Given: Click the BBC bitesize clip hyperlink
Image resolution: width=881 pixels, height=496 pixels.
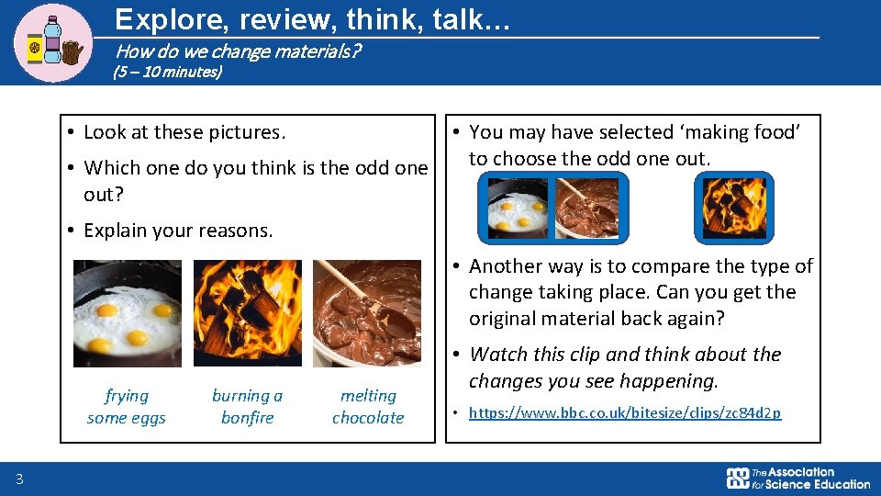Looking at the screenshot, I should click(x=625, y=413).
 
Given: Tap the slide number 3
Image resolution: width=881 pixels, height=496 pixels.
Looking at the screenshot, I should click(x=19, y=478).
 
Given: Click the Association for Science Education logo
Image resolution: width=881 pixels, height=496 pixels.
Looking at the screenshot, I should click(x=797, y=478).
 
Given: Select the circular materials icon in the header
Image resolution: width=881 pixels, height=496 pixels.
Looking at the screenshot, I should click(x=54, y=43).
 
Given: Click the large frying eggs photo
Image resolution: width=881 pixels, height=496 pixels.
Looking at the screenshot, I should click(x=128, y=313).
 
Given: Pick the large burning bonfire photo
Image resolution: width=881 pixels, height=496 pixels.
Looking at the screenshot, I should click(x=248, y=313).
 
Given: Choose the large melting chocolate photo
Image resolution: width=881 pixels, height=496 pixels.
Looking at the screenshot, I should click(x=367, y=313).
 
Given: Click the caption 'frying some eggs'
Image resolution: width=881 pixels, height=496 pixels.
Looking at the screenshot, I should click(x=127, y=407).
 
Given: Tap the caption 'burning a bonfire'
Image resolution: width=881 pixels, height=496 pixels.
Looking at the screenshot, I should click(x=248, y=407).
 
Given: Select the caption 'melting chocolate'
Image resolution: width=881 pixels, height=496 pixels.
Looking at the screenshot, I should click(x=368, y=407).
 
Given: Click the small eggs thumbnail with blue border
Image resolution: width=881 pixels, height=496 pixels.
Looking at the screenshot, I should click(x=517, y=208).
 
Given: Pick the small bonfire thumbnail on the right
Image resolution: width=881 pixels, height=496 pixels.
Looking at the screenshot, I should click(x=733, y=208).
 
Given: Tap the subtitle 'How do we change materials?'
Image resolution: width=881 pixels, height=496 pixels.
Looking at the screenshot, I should click(x=238, y=51).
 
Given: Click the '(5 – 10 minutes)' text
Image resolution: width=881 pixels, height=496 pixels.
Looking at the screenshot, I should click(x=168, y=72).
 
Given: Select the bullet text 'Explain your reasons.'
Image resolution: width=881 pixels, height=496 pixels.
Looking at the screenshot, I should click(x=178, y=231).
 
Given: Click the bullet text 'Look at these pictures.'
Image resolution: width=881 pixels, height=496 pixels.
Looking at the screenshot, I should click(x=184, y=132).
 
